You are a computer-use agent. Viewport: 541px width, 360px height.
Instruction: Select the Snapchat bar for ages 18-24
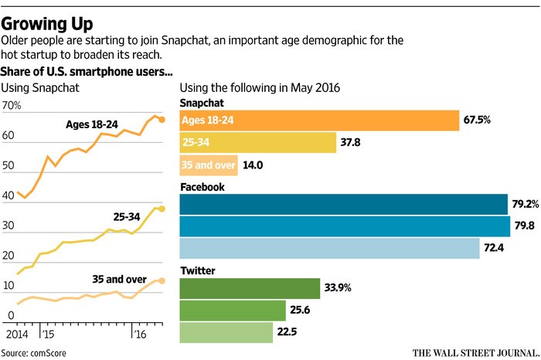coord(319,121)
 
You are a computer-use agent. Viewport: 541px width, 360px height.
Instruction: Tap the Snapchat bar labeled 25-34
coord(257,143)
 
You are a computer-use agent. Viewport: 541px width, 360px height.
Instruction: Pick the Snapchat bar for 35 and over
coord(205,165)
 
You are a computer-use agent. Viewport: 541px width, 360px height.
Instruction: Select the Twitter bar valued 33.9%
coord(249,288)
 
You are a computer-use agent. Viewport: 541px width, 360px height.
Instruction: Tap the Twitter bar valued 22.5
coord(226,332)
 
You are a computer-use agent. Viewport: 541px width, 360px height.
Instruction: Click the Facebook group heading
coord(202,186)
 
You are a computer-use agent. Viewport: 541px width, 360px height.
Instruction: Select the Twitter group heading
coord(197,270)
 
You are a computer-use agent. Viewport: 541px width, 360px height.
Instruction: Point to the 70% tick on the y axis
coord(12,104)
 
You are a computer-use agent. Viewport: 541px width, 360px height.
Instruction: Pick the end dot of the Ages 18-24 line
coord(162,120)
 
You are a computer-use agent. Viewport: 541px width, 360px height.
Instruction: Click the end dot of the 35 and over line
coord(162,280)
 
